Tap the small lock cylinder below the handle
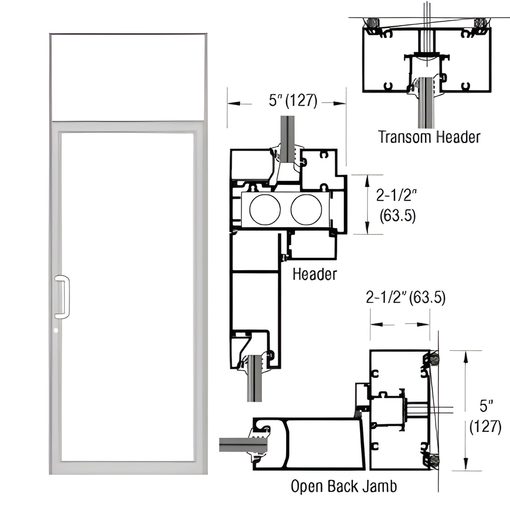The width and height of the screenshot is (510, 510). (56, 331)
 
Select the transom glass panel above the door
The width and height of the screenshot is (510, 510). (128, 77)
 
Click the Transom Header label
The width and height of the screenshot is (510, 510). (429, 137)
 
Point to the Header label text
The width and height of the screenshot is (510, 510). (314, 274)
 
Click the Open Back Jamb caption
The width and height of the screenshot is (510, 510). (343, 486)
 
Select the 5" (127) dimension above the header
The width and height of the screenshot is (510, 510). (293, 101)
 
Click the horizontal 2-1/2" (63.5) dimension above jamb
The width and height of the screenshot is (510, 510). (406, 298)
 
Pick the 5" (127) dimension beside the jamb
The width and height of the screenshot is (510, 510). (485, 416)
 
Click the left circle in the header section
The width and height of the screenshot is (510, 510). (265, 209)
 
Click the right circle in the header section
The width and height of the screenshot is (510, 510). (306, 209)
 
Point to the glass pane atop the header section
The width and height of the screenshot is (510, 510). (288, 136)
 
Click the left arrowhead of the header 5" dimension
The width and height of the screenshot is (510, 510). (233, 103)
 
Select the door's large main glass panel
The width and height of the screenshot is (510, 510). (128, 296)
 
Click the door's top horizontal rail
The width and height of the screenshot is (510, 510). (128, 127)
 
